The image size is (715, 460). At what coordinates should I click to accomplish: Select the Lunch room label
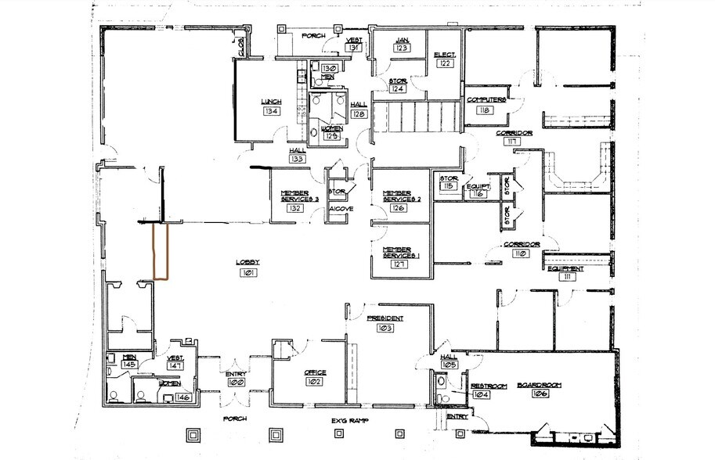pos(272,102)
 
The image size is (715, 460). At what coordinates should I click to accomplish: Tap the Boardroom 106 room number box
pos(540,395)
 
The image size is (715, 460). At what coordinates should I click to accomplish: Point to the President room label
pos(385,318)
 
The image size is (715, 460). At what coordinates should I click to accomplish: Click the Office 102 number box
pos(315,382)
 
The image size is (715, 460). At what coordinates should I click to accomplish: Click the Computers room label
pos(486,100)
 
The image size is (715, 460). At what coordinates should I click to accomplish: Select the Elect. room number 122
pos(445,63)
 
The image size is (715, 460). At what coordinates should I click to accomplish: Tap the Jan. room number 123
pos(403,49)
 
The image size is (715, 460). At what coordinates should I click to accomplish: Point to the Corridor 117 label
pos(514,133)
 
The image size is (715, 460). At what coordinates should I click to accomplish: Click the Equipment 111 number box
pos(565,277)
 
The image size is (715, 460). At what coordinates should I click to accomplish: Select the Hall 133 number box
pos(298,159)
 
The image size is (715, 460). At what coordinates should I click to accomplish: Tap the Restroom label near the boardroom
pos(489,386)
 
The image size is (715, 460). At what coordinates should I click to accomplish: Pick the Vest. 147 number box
pos(175,365)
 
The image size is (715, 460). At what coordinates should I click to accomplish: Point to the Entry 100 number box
pos(236,383)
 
